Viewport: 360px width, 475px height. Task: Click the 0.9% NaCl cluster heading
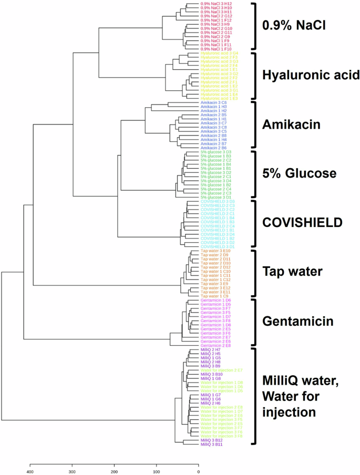294,25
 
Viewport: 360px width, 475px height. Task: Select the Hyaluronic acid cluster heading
311,75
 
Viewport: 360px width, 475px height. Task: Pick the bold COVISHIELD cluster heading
302,223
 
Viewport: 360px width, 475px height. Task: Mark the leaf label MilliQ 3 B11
213,444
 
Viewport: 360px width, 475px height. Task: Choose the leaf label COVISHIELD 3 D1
218,246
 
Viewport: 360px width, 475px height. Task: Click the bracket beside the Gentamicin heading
255,322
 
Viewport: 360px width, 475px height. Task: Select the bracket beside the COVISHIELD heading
255,223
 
